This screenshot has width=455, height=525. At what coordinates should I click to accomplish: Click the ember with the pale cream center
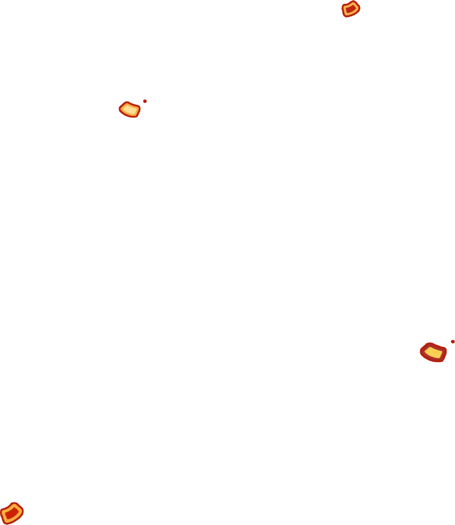(129, 110)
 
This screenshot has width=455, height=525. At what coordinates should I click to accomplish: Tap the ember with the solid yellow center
(433, 352)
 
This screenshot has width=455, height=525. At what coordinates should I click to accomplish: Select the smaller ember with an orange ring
(351, 9)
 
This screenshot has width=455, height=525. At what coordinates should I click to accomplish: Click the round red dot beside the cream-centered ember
(145, 101)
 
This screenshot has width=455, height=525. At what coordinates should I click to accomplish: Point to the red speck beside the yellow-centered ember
(452, 341)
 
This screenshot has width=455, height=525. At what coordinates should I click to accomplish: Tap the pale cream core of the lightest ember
(130, 110)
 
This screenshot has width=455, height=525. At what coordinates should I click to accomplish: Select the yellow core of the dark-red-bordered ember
(433, 352)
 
